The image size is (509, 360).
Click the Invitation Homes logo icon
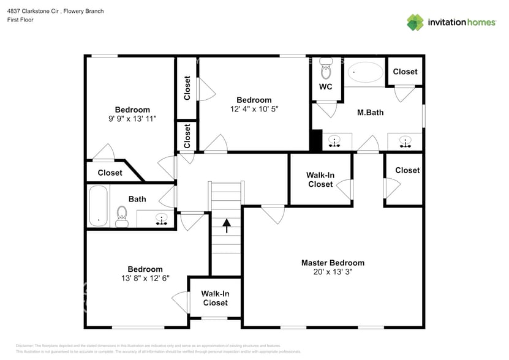point(415,22)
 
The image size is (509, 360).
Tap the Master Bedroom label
point(333,263)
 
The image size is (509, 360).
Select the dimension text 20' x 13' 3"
point(333,272)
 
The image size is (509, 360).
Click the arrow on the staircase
point(226,226)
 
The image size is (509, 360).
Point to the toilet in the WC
point(325,67)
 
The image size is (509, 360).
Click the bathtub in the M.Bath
point(365,73)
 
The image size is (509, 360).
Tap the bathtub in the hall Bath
point(98,206)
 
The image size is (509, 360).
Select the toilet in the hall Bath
point(121,216)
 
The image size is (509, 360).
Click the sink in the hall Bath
point(162,218)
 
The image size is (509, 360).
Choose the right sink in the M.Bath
point(405,141)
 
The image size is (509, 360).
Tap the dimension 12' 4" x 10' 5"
point(254,109)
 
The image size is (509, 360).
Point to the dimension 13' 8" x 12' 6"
point(145,278)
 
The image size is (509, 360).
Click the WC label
point(325,87)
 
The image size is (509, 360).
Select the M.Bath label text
point(370,113)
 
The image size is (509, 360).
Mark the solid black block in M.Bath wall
point(316,140)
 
